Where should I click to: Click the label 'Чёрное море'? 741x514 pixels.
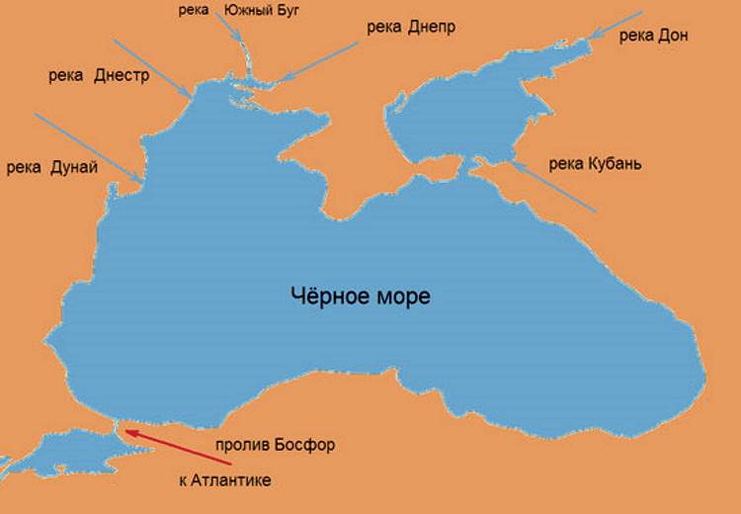tap(361, 296)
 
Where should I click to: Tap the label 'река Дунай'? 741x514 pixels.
tap(51, 167)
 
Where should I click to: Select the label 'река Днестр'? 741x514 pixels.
tap(97, 75)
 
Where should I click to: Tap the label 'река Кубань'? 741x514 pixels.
tap(595, 163)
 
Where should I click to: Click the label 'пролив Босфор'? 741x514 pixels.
tap(276, 445)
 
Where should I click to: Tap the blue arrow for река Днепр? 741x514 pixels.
tap(319, 61)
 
